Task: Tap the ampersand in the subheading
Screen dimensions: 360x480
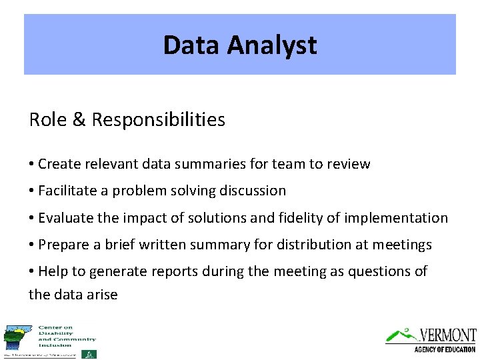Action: [78, 120]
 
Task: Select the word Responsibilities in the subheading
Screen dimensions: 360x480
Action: [159, 120]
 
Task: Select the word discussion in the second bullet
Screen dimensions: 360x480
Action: [253, 191]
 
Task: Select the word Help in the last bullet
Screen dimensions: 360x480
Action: [53, 272]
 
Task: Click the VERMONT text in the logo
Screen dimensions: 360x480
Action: [447, 335]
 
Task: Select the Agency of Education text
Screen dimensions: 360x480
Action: [445, 349]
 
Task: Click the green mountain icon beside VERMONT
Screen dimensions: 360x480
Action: [402, 334]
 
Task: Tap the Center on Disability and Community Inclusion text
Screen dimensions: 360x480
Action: [66, 337]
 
